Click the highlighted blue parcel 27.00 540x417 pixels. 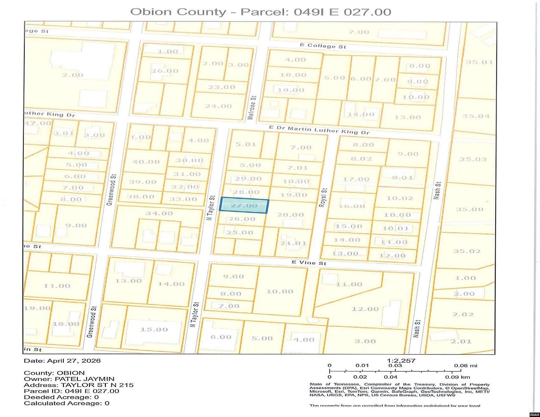tap(244, 206)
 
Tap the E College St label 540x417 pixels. tap(323, 46)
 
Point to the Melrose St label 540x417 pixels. tap(252, 108)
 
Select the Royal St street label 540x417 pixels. tap(323, 198)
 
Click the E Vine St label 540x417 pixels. tap(309, 262)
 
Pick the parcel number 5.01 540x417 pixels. tap(246, 144)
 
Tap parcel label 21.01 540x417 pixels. tap(293, 243)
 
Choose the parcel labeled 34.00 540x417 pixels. tap(159, 213)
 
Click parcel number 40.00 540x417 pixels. tap(146, 162)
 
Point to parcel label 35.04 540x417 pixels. tap(476, 116)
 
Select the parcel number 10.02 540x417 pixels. tap(400, 198)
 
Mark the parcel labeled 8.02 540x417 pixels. tap(361, 159)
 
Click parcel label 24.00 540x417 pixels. tap(219, 106)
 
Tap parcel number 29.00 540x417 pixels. tap(248, 179)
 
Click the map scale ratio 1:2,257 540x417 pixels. tap(401, 361)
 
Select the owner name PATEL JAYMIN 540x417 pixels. tap(84, 379)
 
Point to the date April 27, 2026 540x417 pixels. tap(74, 361)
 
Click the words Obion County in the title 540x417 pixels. tap(178, 12)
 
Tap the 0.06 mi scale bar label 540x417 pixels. tap(466, 366)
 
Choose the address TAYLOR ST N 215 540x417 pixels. tap(97, 385)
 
